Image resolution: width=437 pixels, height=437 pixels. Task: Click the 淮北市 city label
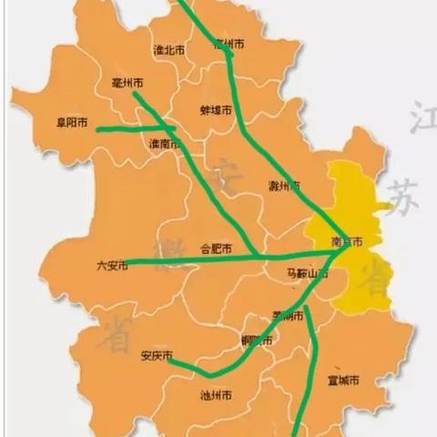pos(169,51)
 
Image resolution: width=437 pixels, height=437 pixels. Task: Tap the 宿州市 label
pos(228,44)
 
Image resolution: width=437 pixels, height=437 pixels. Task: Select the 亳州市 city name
pos(126,83)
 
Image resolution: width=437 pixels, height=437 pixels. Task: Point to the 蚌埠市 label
pos(215,110)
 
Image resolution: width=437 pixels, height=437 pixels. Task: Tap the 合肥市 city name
pos(215,249)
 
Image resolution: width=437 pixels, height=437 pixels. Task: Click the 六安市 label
pos(112,267)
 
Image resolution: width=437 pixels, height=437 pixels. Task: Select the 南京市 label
pos(347,243)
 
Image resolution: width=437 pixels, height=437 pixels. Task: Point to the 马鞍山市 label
pos(307,273)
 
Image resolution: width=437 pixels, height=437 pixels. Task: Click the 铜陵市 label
pos(256,341)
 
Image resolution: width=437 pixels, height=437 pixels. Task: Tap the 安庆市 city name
pos(157,356)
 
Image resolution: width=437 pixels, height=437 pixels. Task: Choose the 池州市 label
pos(216,395)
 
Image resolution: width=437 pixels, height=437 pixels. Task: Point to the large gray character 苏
pos(401,195)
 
